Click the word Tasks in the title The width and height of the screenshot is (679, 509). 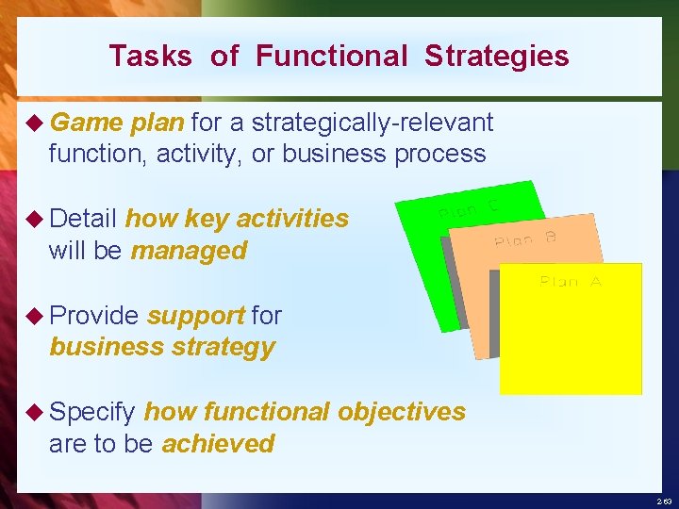click(150, 57)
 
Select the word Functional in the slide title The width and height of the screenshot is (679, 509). click(331, 57)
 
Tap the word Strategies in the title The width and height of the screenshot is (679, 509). click(497, 57)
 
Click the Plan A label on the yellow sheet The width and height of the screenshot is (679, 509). click(571, 281)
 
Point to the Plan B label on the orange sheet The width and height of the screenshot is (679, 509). click(525, 238)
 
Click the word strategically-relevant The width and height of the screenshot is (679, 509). click(373, 123)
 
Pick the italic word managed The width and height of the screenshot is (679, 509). click(189, 251)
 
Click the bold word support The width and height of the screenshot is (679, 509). click(196, 315)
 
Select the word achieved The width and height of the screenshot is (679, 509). click(218, 443)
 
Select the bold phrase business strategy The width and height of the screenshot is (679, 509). click(162, 347)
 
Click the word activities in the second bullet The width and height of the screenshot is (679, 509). click(292, 219)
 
